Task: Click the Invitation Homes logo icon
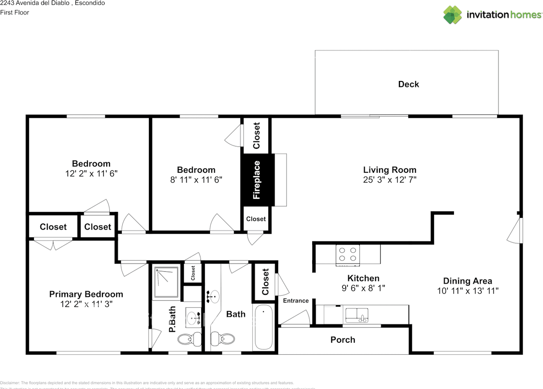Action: pos(453,14)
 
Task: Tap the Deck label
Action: pos(408,84)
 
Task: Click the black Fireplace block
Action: pos(257,180)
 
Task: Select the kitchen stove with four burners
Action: pos(347,255)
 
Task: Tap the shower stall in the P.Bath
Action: pos(166,282)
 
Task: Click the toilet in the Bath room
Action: pos(223,339)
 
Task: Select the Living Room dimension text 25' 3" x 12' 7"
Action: pos(389,180)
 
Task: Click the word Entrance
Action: pos(296,300)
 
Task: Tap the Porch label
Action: pos(343,340)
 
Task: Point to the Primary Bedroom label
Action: pos(86,294)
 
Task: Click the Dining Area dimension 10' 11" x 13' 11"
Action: pos(467,291)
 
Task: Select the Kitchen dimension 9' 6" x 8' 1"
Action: pos(363,289)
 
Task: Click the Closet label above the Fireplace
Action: pos(256,136)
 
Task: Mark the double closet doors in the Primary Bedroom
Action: pos(53,245)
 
